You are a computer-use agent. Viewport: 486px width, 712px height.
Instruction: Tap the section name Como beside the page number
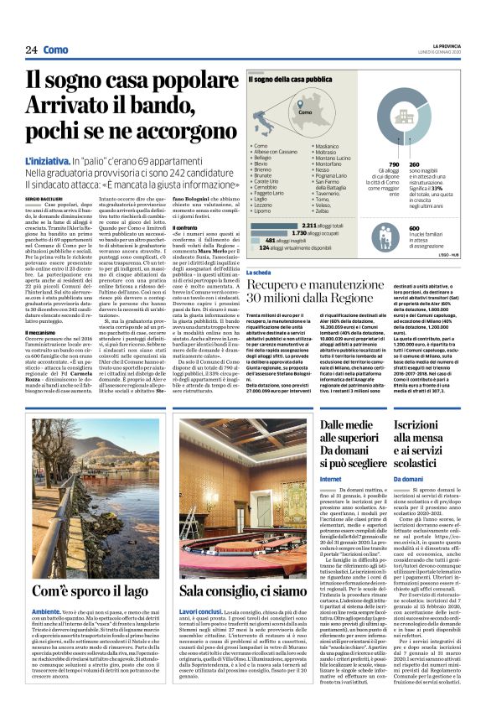point(56,49)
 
